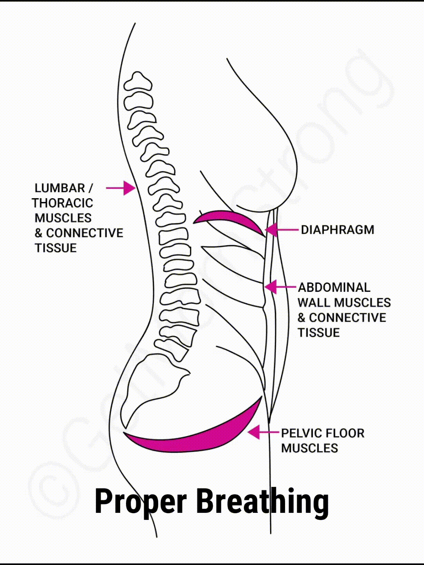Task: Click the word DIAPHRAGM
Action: coord(337,230)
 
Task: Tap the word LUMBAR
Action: coord(60,188)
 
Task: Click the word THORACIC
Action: coord(62,203)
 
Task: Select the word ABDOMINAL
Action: coord(334,288)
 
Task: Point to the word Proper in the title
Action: coord(141,501)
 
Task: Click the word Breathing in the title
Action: coord(262,501)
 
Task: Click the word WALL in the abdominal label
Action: coord(314,303)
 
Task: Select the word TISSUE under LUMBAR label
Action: coord(55,248)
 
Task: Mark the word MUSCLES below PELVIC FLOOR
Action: coord(309,448)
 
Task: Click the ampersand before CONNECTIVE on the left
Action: coord(38,233)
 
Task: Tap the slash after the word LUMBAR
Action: coord(91,188)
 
